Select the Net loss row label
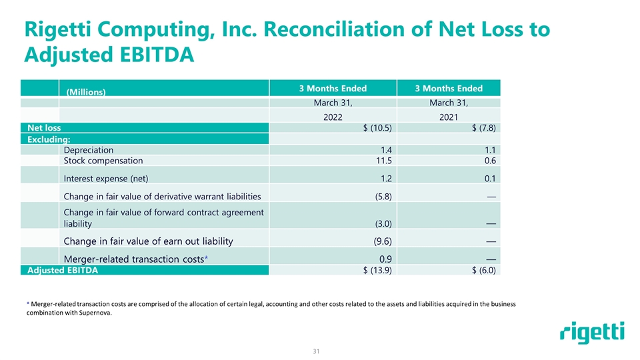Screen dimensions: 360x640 (x=44, y=128)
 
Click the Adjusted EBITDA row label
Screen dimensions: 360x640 (x=63, y=271)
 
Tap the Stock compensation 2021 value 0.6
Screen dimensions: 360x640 (x=493, y=161)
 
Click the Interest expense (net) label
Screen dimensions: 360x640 (x=105, y=178)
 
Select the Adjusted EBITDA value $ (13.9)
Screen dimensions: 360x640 (x=375, y=271)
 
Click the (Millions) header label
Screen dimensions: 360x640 (x=86, y=92)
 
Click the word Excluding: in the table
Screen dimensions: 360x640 (x=49, y=139)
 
